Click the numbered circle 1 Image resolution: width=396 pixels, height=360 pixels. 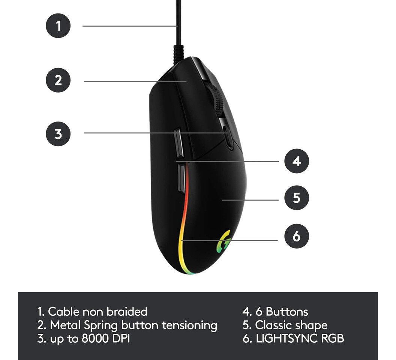(58, 26)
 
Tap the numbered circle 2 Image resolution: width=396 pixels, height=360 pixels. (58, 80)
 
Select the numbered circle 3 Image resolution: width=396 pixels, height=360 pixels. (58, 133)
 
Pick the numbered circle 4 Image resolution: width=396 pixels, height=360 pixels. (297, 161)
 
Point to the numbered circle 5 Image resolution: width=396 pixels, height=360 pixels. (297, 198)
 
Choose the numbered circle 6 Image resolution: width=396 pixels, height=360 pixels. (297, 236)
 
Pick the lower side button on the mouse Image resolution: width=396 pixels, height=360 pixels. (181, 178)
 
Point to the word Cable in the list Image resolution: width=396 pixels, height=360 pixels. (64, 312)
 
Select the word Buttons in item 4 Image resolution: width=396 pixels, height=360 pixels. (287, 312)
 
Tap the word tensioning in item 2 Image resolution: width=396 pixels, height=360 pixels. (189, 325)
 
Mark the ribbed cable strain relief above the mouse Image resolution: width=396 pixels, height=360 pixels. (178, 53)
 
